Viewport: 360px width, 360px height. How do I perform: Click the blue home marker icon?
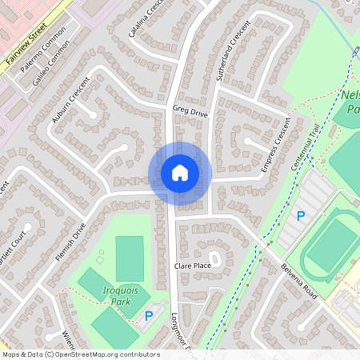179,173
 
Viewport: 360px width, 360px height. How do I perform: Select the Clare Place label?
193,265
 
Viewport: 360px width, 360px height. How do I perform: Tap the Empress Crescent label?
274,149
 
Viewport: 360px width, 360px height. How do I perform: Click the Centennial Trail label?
304,154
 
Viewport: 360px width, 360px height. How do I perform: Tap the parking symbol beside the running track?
301,216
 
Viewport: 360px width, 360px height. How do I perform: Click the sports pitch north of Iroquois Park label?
129,258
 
